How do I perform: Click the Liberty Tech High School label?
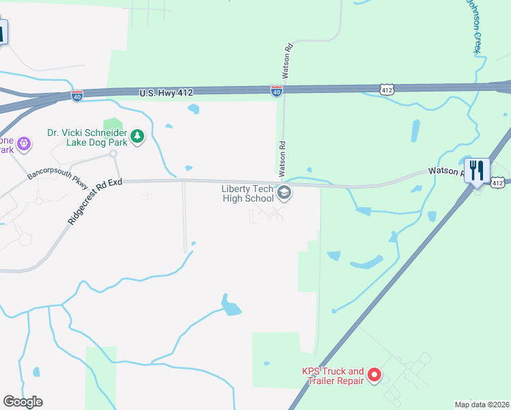tap(247, 193)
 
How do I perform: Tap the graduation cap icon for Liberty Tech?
tap(285, 194)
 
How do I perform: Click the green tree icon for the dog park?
tap(137, 137)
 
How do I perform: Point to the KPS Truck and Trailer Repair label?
tap(333, 376)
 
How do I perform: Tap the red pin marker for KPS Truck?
tap(374, 375)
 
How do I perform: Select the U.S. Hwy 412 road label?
tap(167, 92)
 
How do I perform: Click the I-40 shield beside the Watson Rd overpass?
tap(276, 91)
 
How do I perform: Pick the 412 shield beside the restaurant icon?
tap(498, 182)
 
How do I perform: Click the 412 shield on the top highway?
tap(387, 89)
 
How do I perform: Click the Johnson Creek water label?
tap(475, 26)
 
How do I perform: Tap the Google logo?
tap(23, 402)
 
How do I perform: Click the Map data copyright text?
tap(482, 405)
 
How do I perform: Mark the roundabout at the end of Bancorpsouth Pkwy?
tap(114, 154)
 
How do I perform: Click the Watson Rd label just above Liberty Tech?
tap(281, 156)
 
